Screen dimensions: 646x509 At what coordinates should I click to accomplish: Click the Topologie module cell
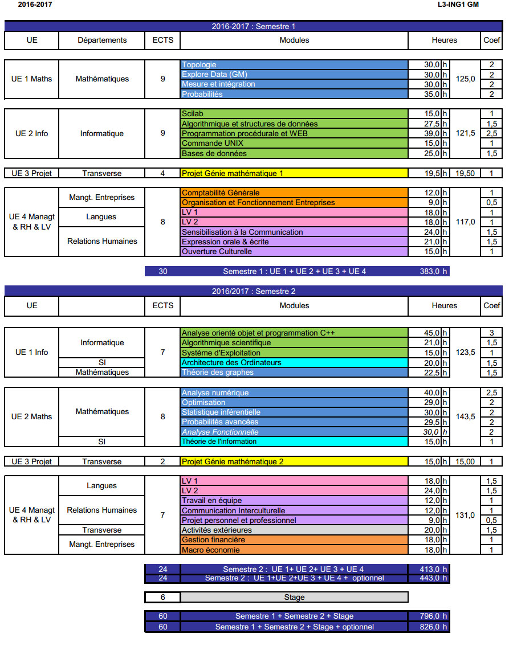pyautogui.click(x=294, y=65)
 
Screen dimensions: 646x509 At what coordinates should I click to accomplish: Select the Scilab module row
pyautogui.click(x=294, y=114)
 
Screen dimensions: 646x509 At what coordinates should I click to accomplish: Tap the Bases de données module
pyautogui.click(x=294, y=154)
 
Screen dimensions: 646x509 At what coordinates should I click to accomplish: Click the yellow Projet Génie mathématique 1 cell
pyautogui.click(x=294, y=173)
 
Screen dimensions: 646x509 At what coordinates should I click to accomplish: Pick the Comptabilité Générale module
pyautogui.click(x=294, y=193)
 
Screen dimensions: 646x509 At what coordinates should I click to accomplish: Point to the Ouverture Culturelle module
pyautogui.click(x=294, y=251)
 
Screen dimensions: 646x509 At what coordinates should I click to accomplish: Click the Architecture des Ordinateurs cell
pyautogui.click(x=294, y=362)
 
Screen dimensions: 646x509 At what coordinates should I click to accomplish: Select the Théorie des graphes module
pyautogui.click(x=294, y=373)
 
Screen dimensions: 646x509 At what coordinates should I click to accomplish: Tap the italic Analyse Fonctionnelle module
pyautogui.click(x=294, y=432)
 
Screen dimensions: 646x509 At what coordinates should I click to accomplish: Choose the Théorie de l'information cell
pyautogui.click(x=294, y=441)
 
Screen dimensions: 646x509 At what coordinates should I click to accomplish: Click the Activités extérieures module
pyautogui.click(x=294, y=530)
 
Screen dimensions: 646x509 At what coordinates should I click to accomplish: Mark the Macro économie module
pyautogui.click(x=294, y=550)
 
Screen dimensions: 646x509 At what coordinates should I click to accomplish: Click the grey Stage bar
pyautogui.click(x=294, y=598)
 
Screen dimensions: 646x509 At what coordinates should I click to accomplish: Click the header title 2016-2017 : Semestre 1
pyautogui.click(x=254, y=26)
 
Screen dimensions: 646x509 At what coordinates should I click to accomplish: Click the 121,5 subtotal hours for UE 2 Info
pyautogui.click(x=466, y=133)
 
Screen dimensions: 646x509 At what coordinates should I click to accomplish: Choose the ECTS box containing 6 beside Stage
pyautogui.click(x=163, y=598)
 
